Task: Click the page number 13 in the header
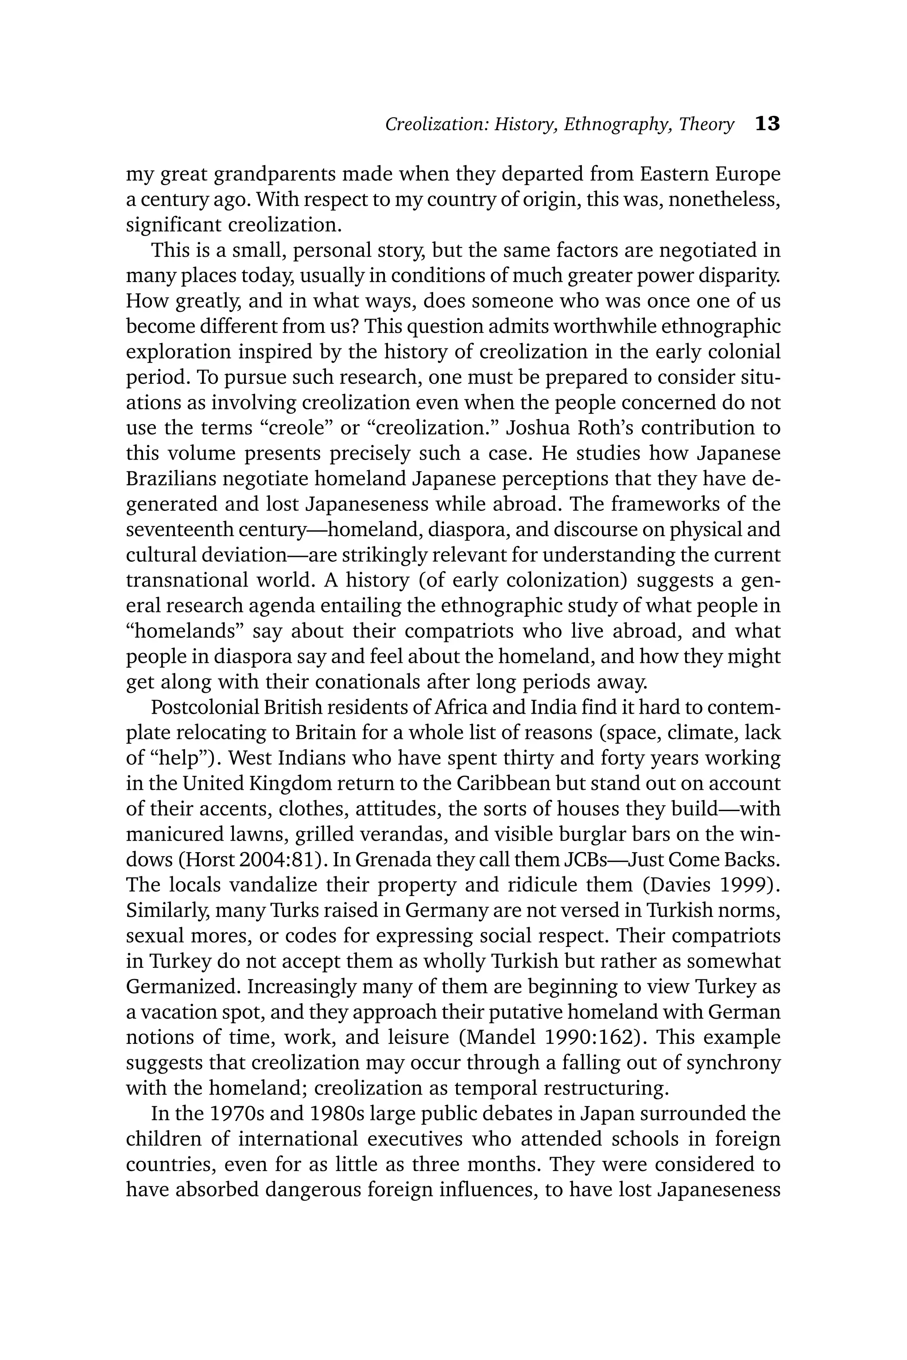pyautogui.click(x=767, y=124)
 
